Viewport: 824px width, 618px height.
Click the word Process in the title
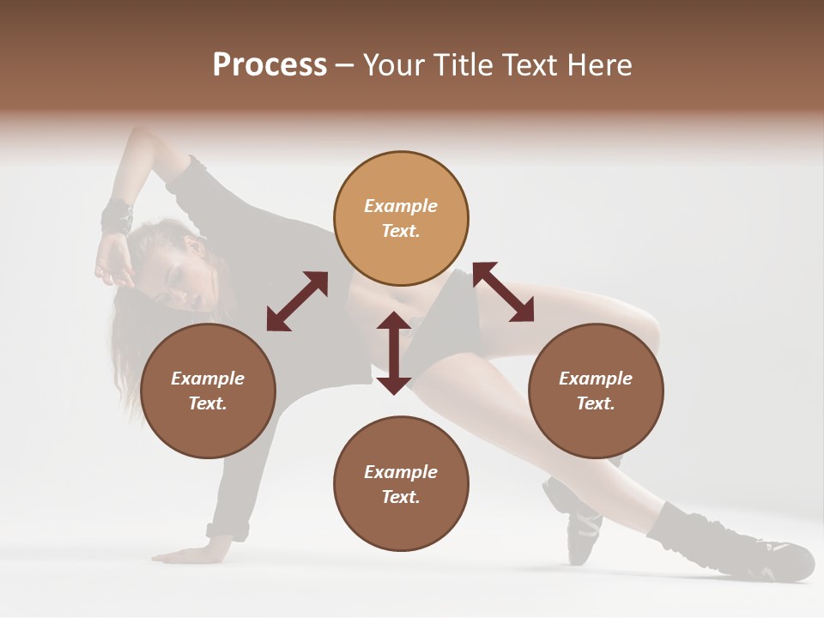pyautogui.click(x=270, y=65)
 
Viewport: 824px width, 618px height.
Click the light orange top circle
pyautogui.click(x=401, y=218)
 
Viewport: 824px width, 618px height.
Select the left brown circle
pyautogui.click(x=208, y=391)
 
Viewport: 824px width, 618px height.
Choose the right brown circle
pyautogui.click(x=596, y=391)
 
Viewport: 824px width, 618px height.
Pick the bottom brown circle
pyautogui.click(x=401, y=484)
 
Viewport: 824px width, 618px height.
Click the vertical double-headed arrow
pyautogui.click(x=394, y=353)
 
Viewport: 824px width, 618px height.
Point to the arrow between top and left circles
pyautogui.click(x=297, y=301)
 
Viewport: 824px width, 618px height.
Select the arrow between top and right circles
pyautogui.click(x=503, y=292)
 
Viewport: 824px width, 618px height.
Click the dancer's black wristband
pyautogui.click(x=117, y=215)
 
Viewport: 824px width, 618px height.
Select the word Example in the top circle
pyautogui.click(x=401, y=206)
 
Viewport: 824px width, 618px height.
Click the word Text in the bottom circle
pyautogui.click(x=399, y=497)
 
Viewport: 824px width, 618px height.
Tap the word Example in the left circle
pyautogui.click(x=208, y=379)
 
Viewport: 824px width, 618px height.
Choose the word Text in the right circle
pyautogui.click(x=594, y=403)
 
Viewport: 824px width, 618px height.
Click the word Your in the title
pyautogui.click(x=393, y=65)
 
